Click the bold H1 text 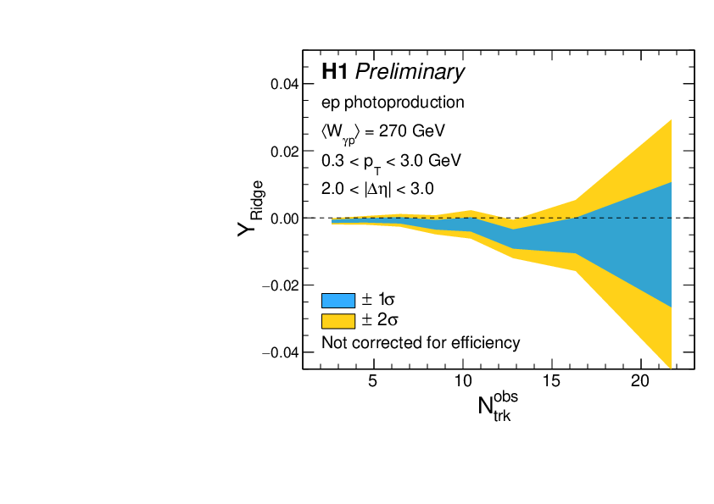click(x=335, y=73)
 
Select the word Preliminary click(x=410, y=74)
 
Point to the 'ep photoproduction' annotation click(x=393, y=102)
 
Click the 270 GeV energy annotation click(x=383, y=132)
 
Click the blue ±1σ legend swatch click(x=337, y=300)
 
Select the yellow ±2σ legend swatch click(x=337, y=320)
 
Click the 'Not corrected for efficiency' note click(x=421, y=342)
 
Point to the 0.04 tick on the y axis click(x=284, y=84)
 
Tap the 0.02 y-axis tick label click(x=284, y=151)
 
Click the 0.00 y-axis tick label click(x=284, y=219)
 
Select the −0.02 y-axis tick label click(x=281, y=285)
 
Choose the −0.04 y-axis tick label click(x=281, y=352)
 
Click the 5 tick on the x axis click(x=373, y=381)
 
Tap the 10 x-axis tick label click(x=462, y=381)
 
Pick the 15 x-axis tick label click(x=551, y=381)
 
